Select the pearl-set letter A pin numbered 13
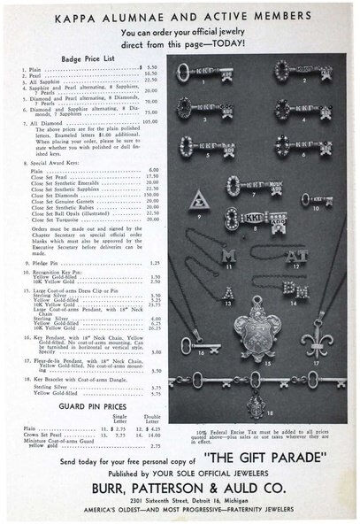tap(205, 292)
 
